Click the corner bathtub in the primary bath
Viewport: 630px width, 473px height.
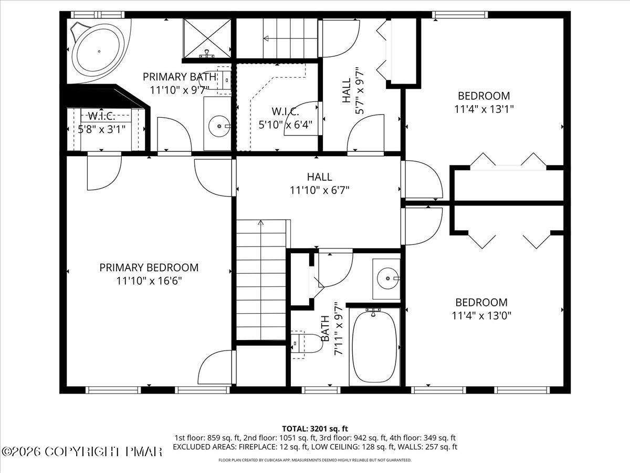tap(98, 51)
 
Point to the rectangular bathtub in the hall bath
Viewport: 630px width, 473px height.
tap(374, 347)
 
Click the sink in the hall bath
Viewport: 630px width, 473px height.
tap(387, 278)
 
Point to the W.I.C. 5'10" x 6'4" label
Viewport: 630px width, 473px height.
tap(285, 118)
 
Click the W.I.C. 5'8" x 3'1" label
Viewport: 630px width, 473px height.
tap(101, 122)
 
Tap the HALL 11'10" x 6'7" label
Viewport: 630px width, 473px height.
tap(319, 183)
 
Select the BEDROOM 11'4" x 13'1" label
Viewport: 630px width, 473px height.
tap(484, 102)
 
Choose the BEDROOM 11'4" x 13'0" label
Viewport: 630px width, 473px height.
tap(481, 309)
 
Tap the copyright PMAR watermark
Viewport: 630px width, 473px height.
tap(82, 451)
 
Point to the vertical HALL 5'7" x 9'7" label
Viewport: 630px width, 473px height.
tap(352, 90)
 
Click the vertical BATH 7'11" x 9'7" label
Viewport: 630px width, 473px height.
tap(332, 328)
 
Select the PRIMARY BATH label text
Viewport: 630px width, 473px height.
tap(179, 77)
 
